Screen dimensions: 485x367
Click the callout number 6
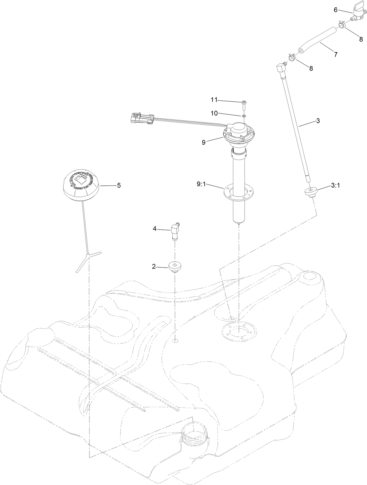336,10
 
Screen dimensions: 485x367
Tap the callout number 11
214,100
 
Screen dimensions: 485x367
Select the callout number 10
214,113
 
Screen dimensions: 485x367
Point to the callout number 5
119,185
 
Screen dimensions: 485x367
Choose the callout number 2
154,266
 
